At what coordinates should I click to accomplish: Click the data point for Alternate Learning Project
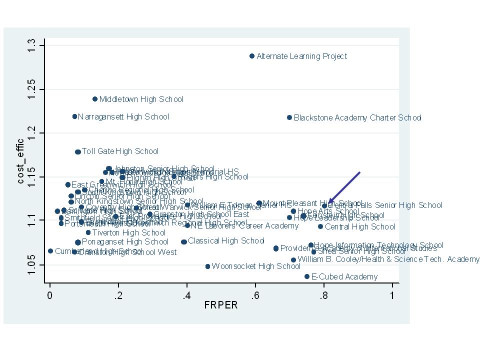pyautogui.click(x=252, y=56)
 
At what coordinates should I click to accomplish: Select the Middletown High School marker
pyautogui.click(x=95, y=99)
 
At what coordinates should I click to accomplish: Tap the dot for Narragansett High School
pyautogui.click(x=74, y=116)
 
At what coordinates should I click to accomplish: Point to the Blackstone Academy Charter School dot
pyautogui.click(x=289, y=117)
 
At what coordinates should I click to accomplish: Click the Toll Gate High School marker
pyautogui.click(x=77, y=151)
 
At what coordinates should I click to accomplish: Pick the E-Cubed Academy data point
pyautogui.click(x=307, y=276)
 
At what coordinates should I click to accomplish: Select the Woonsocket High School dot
pyautogui.click(x=207, y=266)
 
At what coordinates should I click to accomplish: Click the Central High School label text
pyautogui.click(x=360, y=227)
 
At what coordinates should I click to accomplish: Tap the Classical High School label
pyautogui.click(x=226, y=241)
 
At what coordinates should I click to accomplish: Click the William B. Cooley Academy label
pyautogui.click(x=388, y=259)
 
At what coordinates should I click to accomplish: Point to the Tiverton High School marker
pyautogui.click(x=88, y=232)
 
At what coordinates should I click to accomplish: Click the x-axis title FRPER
pyautogui.click(x=220, y=305)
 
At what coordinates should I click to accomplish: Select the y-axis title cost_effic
pyautogui.click(x=21, y=161)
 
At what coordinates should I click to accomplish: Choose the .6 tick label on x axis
pyautogui.click(x=255, y=295)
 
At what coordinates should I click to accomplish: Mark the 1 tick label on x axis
pyautogui.click(x=392, y=295)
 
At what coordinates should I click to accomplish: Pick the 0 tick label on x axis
pyautogui.click(x=50, y=295)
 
